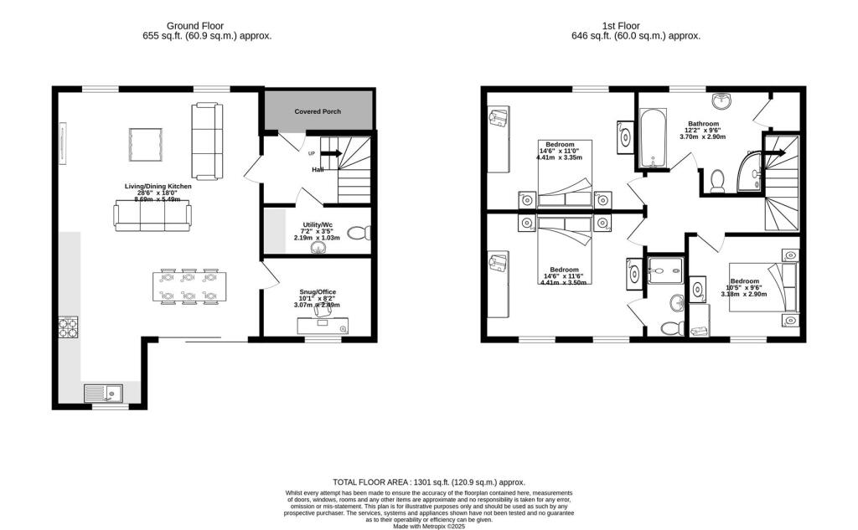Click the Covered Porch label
point(318,111)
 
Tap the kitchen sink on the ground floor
point(103,391)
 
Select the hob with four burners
point(67,326)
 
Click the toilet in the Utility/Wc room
point(356,234)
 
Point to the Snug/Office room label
point(318,291)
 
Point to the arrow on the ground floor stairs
point(329,153)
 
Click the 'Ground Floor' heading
point(195,25)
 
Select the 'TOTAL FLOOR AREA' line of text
point(428,482)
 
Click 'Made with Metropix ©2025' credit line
point(428,525)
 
